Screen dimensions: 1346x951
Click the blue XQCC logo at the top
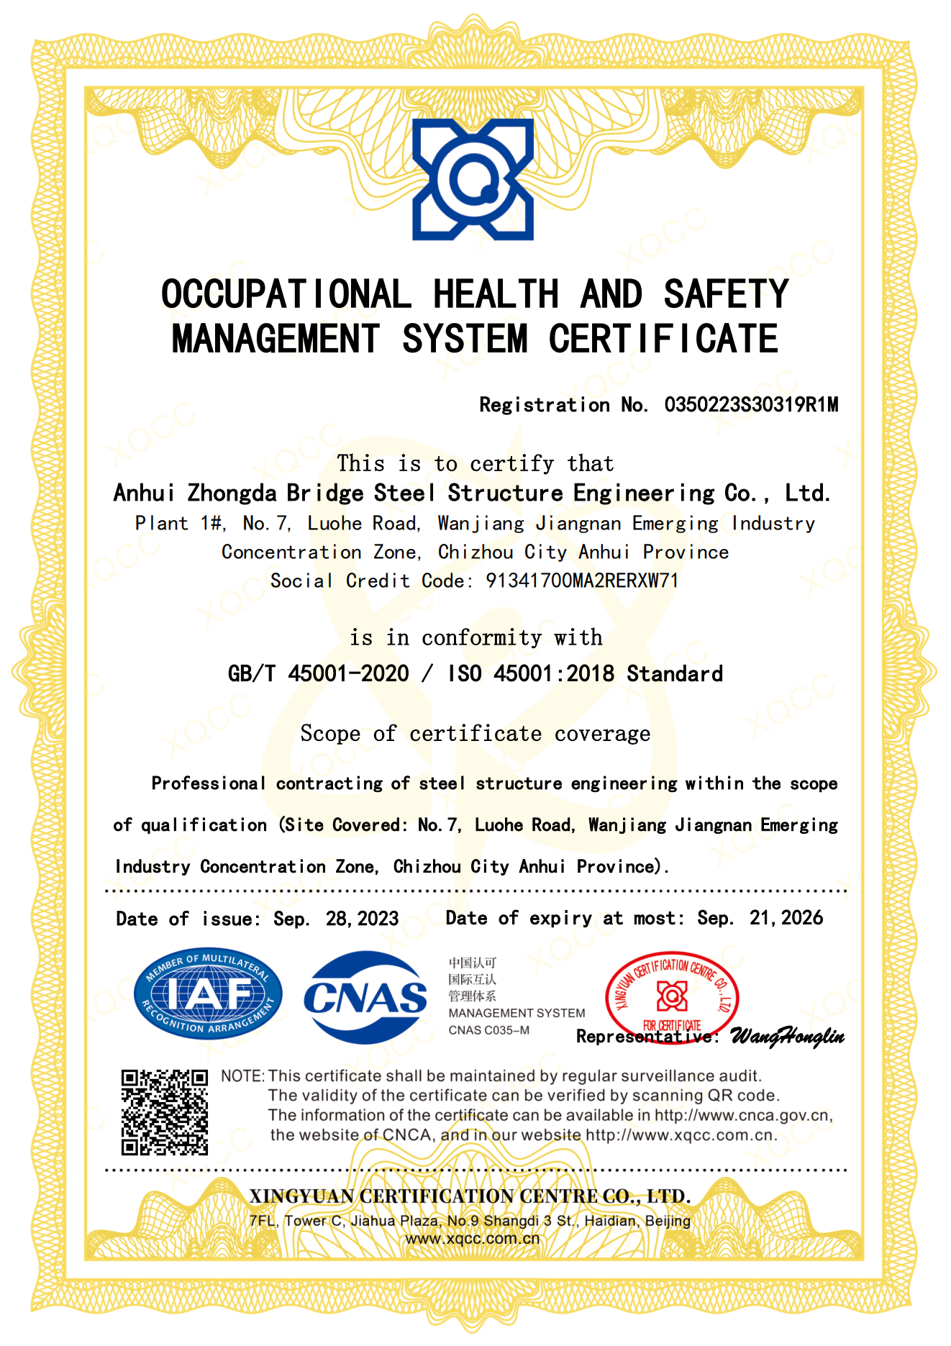473,179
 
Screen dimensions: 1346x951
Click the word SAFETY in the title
726,294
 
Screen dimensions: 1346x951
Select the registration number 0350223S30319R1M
751,405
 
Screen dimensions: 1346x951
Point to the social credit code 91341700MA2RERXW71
582,581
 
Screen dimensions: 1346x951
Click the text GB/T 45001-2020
318,674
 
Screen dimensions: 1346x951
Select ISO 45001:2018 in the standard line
531,674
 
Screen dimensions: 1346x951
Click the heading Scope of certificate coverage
475,734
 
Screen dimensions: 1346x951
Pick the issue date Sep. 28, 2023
336,919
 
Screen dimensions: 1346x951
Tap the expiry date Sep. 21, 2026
760,918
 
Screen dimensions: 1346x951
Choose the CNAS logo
365,997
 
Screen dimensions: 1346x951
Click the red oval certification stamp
672,996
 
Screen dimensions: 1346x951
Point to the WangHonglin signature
787,1037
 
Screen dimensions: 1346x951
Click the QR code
164,1112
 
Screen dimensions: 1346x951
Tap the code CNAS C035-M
488,1030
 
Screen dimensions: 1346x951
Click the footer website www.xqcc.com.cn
472,1239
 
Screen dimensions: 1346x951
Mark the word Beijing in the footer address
668,1221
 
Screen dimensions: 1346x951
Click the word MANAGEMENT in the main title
276,339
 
